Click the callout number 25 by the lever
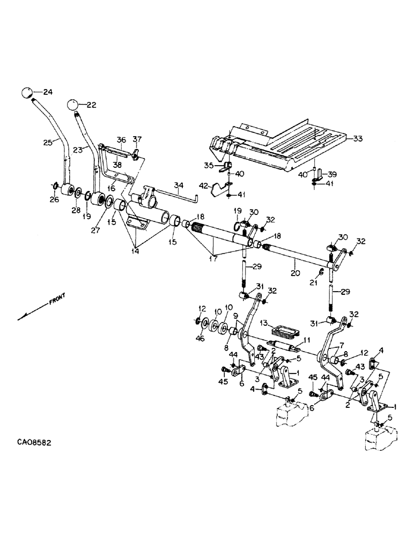point(48,143)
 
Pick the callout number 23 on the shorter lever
point(77,151)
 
